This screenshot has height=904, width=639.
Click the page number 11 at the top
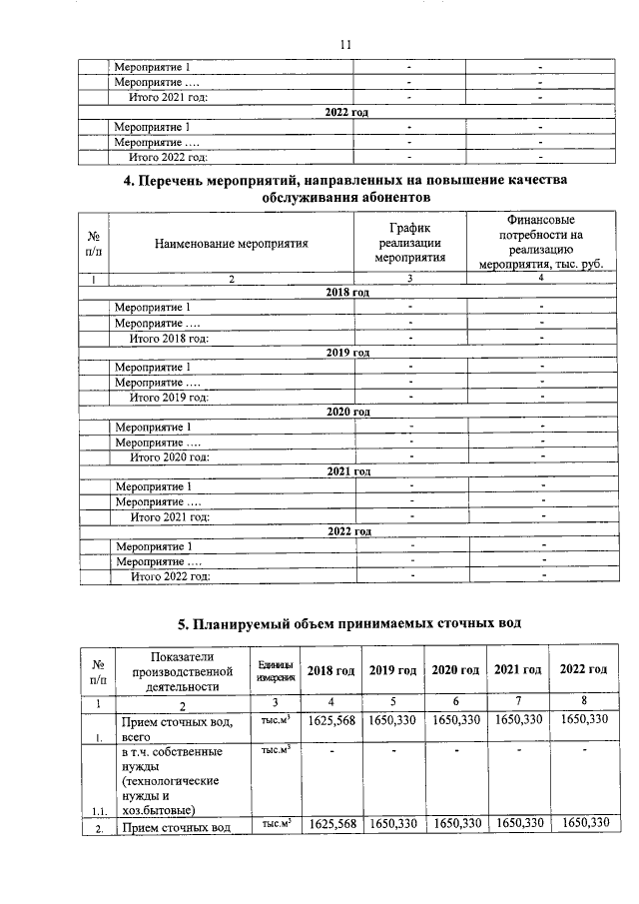[345, 45]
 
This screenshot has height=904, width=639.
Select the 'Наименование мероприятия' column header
[231, 242]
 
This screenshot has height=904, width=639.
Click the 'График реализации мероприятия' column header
[408, 242]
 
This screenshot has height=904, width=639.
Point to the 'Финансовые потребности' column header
[538, 242]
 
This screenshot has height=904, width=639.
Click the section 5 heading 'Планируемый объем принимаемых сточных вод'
[344, 625]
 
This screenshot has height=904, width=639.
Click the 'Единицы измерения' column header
[276, 670]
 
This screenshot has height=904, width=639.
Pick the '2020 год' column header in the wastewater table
[455, 669]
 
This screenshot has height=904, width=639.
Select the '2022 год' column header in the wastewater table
[584, 669]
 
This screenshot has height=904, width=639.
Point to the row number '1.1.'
[99, 810]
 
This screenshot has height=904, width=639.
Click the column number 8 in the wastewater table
[584, 701]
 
